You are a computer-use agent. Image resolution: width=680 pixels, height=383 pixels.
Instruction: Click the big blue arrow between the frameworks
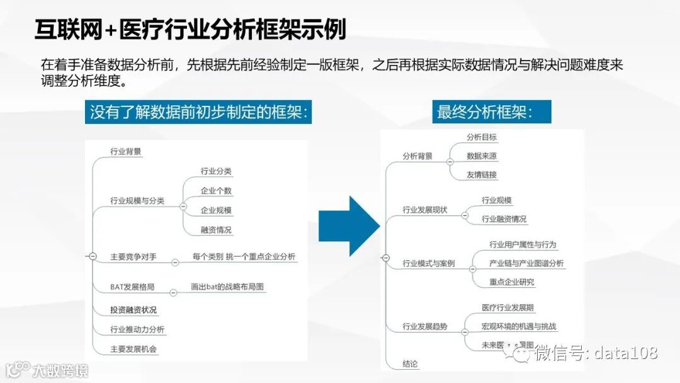pyautogui.click(x=348, y=226)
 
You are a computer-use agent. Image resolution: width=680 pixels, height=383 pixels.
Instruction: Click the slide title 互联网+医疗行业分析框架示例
pyautogui.click(x=190, y=30)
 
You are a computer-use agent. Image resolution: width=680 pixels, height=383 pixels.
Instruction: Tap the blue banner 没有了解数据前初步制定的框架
pyautogui.click(x=198, y=112)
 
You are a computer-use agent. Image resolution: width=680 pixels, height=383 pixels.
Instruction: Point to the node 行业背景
pyautogui.click(x=126, y=151)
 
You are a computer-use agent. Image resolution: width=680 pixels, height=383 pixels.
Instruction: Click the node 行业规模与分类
pyautogui.click(x=137, y=200)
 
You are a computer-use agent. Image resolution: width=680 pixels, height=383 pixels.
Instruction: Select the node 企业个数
pyautogui.click(x=216, y=190)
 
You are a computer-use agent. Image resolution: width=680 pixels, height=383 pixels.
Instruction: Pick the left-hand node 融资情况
pyautogui.click(x=216, y=230)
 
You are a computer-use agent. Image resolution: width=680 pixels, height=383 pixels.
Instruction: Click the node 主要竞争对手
pyautogui.click(x=133, y=256)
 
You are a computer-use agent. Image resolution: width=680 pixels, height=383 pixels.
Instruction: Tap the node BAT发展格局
pyautogui.click(x=132, y=287)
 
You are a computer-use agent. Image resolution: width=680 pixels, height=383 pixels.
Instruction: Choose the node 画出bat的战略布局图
pyautogui.click(x=227, y=287)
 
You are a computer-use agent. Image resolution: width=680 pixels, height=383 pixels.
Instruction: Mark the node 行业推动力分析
pyautogui.click(x=137, y=329)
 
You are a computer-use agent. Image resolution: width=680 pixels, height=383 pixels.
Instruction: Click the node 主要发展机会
pyautogui.click(x=133, y=348)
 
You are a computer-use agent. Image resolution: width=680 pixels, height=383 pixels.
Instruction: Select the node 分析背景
pyautogui.click(x=417, y=156)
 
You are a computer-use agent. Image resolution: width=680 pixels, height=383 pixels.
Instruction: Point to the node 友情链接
pyautogui.click(x=482, y=174)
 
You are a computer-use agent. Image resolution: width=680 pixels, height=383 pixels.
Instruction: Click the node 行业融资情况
pyautogui.click(x=504, y=219)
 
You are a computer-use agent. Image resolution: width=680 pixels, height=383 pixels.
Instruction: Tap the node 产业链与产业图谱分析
pyautogui.click(x=526, y=263)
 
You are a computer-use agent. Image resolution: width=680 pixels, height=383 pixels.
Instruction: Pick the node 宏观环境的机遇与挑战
pyautogui.click(x=519, y=326)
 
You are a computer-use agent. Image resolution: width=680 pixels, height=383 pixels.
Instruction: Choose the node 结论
pyautogui.click(x=411, y=363)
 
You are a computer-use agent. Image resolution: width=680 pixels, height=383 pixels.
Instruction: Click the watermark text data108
pyautogui.click(x=625, y=353)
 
